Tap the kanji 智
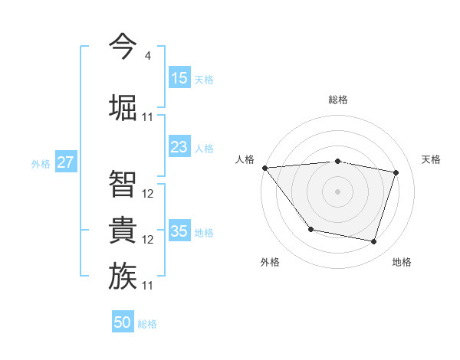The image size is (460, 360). pyautogui.click(x=123, y=182)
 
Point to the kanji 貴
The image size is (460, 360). pyautogui.click(x=123, y=230)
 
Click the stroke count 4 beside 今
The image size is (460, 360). pyautogui.click(x=147, y=56)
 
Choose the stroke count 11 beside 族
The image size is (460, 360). pyautogui.click(x=148, y=286)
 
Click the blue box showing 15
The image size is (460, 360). pyautogui.click(x=179, y=78)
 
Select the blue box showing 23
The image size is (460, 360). pyautogui.click(x=179, y=147)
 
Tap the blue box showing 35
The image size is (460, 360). pyautogui.click(x=179, y=231)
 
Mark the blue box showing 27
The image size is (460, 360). pyautogui.click(x=66, y=162)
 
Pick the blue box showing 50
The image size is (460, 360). pyautogui.click(x=123, y=322)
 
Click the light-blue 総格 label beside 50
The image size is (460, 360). pyautogui.click(x=147, y=324)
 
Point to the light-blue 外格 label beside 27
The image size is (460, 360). pyautogui.click(x=41, y=163)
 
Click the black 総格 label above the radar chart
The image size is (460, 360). pyautogui.click(x=338, y=100)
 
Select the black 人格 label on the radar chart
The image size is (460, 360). pyautogui.click(x=245, y=159)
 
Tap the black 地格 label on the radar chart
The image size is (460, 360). pyautogui.click(x=402, y=263)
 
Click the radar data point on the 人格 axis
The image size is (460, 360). pyautogui.click(x=264, y=168)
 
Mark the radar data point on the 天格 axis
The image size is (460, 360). pyautogui.click(x=396, y=172)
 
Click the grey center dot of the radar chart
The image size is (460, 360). pyautogui.click(x=338, y=191)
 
